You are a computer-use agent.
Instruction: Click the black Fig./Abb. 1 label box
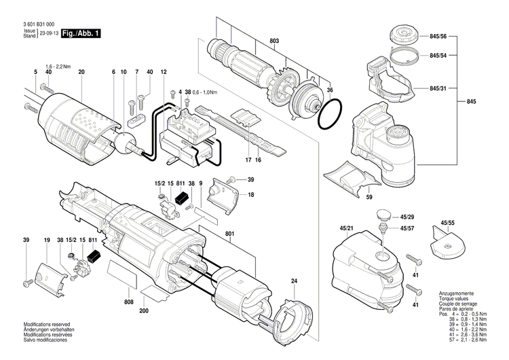[80, 33]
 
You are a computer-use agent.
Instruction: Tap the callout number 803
[274, 41]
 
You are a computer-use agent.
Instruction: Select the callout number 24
[294, 281]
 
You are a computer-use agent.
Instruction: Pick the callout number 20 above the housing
[81, 72]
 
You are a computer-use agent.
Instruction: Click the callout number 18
[251, 195]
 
